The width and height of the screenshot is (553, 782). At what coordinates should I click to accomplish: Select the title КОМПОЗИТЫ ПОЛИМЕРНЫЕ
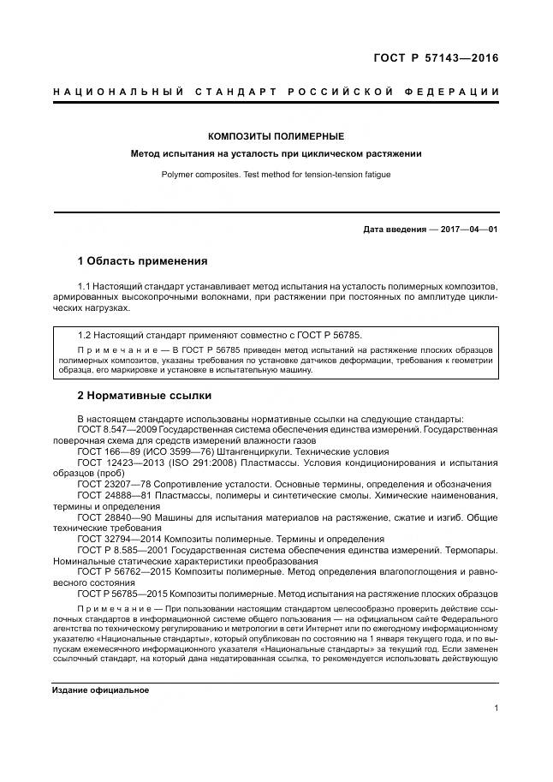pos(276,136)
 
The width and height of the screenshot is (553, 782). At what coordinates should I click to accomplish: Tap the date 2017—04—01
pos(469,230)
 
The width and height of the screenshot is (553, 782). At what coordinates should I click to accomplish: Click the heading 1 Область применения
pos(142,260)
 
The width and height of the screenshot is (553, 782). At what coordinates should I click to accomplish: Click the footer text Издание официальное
pos(100,690)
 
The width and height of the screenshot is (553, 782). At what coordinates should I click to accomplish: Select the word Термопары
pos(469,550)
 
